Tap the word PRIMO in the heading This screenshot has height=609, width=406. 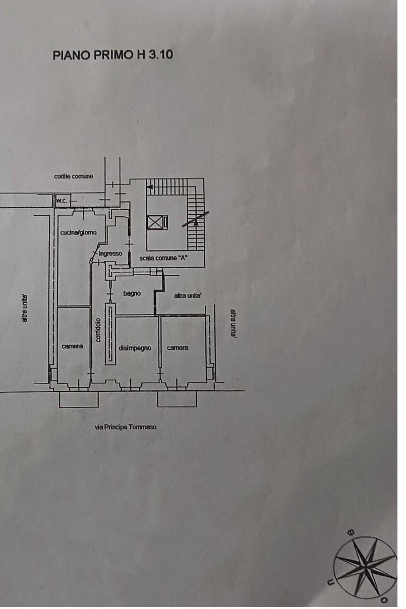pos(114,55)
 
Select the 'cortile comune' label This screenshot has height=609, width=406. pos(74,176)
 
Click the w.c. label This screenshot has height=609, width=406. pos(62,201)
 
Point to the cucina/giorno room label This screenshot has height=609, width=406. pos(78,232)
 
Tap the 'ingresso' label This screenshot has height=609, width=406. pos(110,253)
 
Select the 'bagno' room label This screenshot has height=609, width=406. pos(132,293)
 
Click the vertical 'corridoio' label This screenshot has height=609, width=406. pos(98,329)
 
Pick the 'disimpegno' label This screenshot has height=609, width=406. pos(135,348)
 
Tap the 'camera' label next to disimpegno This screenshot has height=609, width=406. pos(178,348)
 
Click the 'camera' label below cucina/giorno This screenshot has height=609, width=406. pos(72,346)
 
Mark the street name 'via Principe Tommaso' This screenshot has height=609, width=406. pos(126,427)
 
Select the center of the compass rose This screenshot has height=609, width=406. pos(365,568)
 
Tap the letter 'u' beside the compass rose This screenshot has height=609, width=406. pos(331,583)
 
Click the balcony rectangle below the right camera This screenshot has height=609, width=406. pos(177,399)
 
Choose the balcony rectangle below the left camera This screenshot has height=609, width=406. pos(79,399)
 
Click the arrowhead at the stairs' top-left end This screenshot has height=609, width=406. pos(149,187)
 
